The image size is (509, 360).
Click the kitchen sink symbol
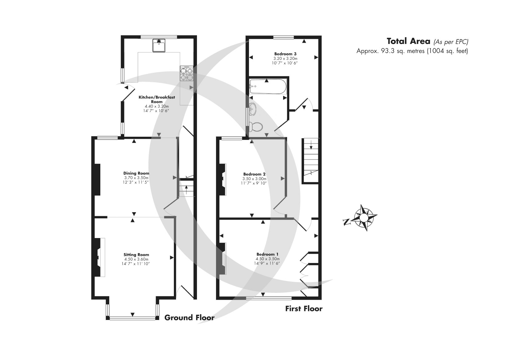point(159,45)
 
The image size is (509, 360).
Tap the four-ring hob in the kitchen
point(186,74)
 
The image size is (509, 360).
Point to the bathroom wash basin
point(253,109)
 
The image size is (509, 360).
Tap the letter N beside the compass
point(347,221)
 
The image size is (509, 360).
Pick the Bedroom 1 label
point(267,254)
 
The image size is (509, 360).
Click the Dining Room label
point(136,173)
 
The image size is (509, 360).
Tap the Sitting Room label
point(136,255)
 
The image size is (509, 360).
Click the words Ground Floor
point(189,318)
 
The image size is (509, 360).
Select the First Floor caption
point(304,309)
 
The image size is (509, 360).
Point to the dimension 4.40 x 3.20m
point(157,106)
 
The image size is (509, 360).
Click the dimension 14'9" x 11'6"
point(267,263)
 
